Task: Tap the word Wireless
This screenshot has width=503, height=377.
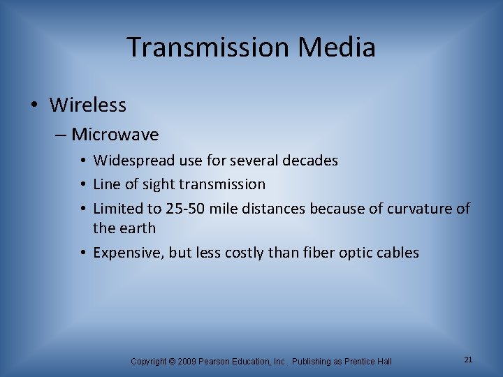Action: (88, 105)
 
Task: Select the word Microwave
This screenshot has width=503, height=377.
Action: (115, 134)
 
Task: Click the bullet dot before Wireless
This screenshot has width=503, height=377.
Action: (35, 106)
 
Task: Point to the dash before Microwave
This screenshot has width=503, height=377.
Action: (62, 134)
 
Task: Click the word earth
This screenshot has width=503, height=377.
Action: (137, 228)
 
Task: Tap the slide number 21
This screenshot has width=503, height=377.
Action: (468, 360)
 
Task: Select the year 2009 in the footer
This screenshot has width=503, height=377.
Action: (187, 361)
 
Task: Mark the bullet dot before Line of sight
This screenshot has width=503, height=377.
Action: (84, 185)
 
